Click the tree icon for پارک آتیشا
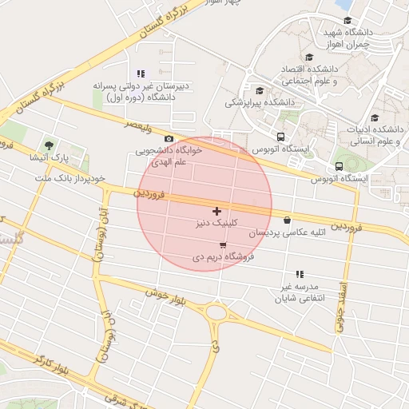pos(50,145)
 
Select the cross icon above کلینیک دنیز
pos(216,210)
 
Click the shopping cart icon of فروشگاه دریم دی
pos(222,244)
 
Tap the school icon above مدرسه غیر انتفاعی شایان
pos(300,274)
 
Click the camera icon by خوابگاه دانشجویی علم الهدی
pos(169,138)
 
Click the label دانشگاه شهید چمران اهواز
pos(347,38)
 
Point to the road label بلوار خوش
pos(165,299)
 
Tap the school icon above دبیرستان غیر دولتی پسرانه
pos(141,73)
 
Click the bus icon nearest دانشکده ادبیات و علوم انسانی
pos(340,166)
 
